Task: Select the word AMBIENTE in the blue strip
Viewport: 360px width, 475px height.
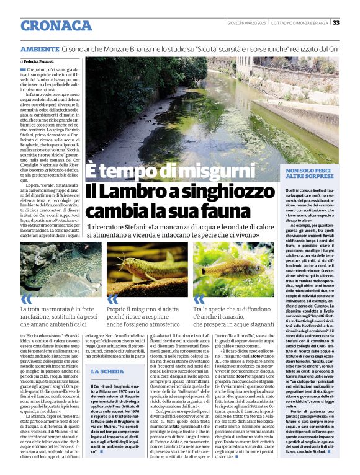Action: tap(40, 48)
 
